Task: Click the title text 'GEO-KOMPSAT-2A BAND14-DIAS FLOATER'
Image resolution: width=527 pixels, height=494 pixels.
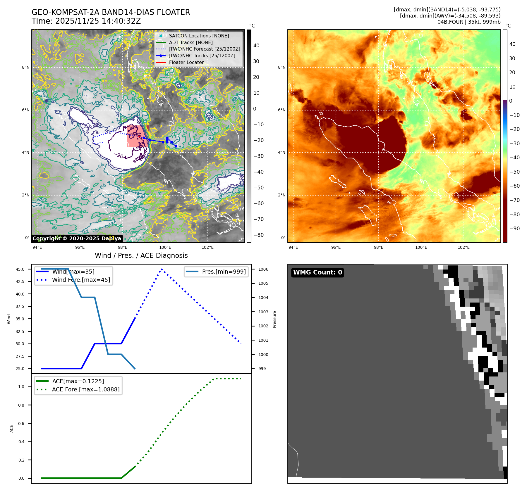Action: (x=111, y=12)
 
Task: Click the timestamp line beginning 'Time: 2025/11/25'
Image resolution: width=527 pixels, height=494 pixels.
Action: (x=86, y=21)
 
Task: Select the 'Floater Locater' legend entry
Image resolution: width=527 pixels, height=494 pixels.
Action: (x=186, y=62)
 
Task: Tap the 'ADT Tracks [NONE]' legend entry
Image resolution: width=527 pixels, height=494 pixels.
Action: (x=190, y=42)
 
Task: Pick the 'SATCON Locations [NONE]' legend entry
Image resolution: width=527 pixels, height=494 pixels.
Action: (x=199, y=36)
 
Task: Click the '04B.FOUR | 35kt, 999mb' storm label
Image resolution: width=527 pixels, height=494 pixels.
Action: (x=469, y=22)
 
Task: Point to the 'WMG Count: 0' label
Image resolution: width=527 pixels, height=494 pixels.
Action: (x=317, y=272)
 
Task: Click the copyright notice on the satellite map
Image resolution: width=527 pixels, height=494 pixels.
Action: (x=77, y=239)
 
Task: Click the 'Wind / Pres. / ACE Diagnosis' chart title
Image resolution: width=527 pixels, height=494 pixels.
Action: (x=141, y=255)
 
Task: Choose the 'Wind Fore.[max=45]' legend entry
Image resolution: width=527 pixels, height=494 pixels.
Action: (x=81, y=280)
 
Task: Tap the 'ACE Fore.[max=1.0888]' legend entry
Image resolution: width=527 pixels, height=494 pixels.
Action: (x=85, y=389)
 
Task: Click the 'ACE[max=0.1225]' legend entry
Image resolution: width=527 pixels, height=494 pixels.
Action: (x=78, y=381)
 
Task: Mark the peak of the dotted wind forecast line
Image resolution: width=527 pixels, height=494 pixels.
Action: (x=162, y=269)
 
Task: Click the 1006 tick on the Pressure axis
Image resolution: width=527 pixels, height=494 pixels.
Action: (x=263, y=269)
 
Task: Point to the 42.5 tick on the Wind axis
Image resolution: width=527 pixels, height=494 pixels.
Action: (x=20, y=281)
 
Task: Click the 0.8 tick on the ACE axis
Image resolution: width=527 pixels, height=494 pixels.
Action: (x=21, y=405)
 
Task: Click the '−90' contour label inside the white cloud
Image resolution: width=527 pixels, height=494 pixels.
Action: (x=119, y=155)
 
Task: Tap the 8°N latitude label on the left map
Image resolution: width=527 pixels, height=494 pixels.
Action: (x=26, y=68)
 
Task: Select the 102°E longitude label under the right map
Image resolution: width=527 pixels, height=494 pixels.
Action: (x=464, y=247)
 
